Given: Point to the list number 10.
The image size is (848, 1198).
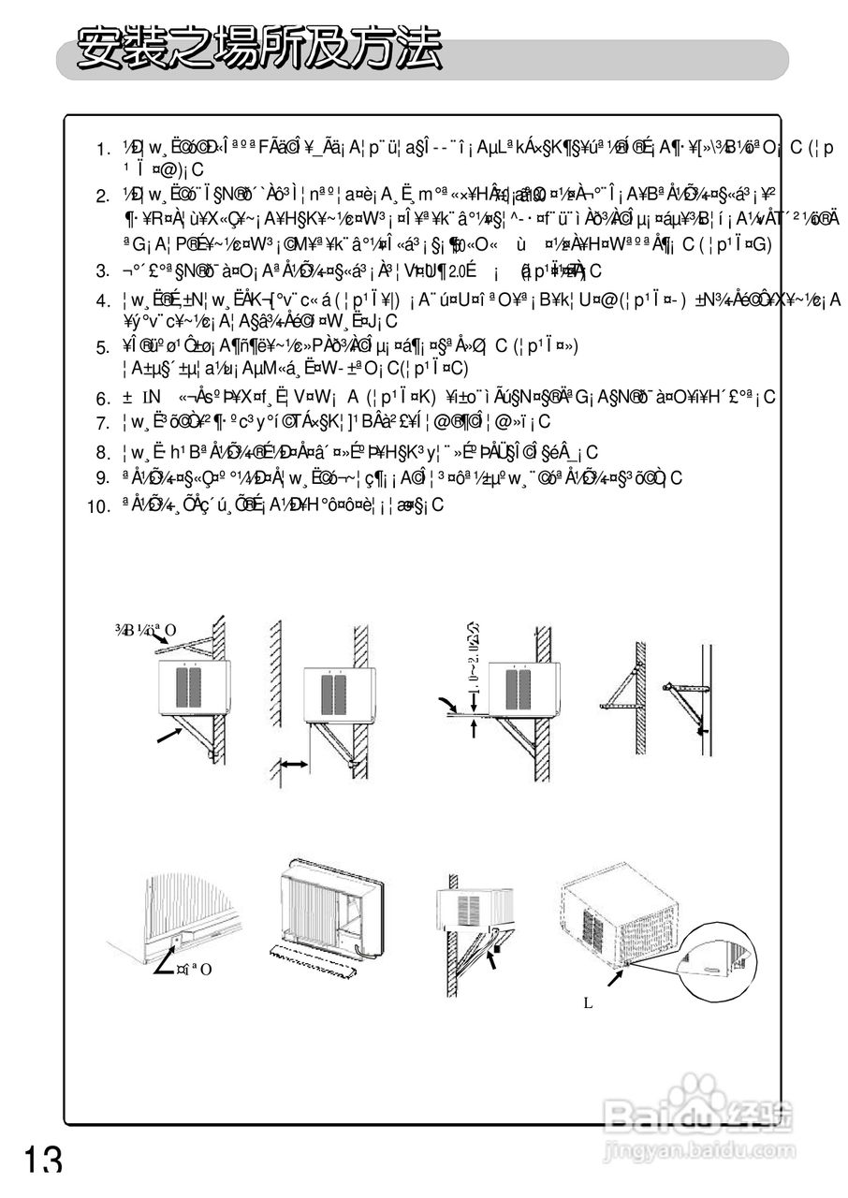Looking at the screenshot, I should [x=99, y=507].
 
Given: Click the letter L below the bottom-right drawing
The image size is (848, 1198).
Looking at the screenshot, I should [x=588, y=1002].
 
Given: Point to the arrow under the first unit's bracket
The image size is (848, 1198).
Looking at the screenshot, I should [x=168, y=738].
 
